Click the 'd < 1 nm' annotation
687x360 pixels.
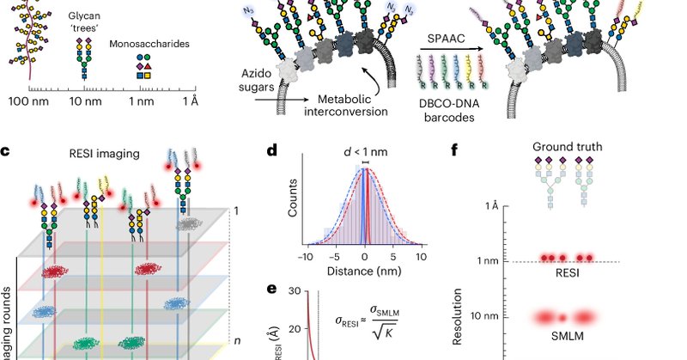(366, 153)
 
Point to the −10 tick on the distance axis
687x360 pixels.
(307, 257)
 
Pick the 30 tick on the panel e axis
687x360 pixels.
(292, 291)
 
